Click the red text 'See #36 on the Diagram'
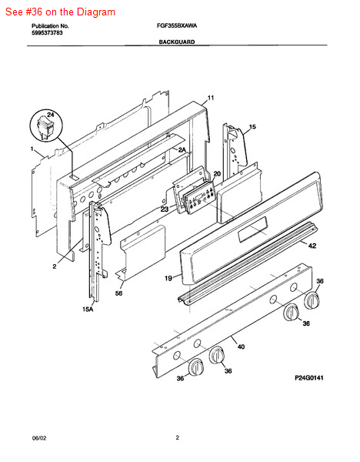pos(60,12)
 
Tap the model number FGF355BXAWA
pos(177,25)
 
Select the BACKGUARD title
pos(177,42)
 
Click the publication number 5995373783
pos(47,32)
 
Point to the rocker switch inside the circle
pos(45,128)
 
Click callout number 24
pos(51,114)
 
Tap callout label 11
pos(211,98)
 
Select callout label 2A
pos(182,149)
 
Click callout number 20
pos(217,174)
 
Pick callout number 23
pos(165,209)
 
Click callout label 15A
pos(88,309)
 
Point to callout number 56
pos(118,293)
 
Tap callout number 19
pos(168,278)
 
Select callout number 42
pos(312,245)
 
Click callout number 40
pos(241,346)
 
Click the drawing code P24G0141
pos(309,378)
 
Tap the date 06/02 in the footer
pos(39,438)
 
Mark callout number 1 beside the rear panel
pos(32,149)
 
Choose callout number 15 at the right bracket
pos(252,127)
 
